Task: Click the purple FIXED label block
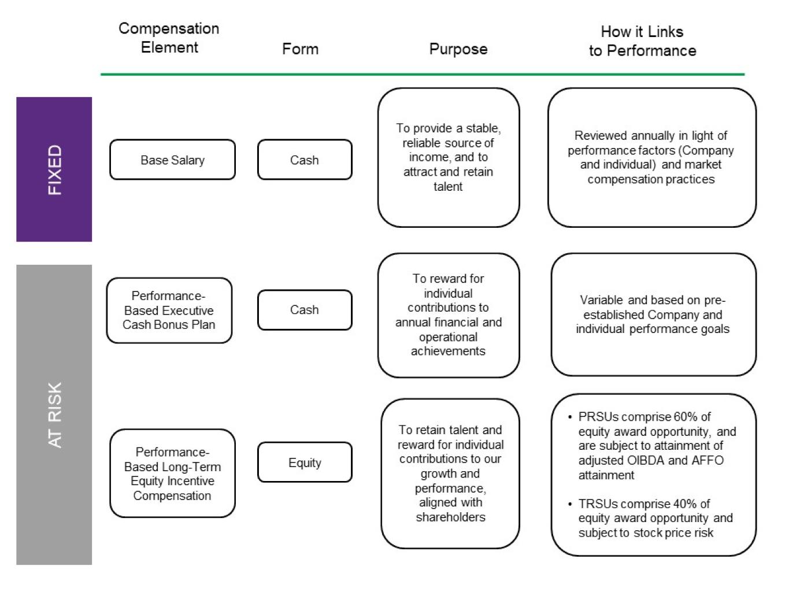coord(54,169)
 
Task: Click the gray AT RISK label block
coord(54,415)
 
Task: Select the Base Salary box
coord(172,160)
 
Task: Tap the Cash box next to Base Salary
coord(304,160)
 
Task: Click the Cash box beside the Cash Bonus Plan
coord(304,310)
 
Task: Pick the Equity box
coord(304,462)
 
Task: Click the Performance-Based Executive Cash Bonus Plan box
coord(169,310)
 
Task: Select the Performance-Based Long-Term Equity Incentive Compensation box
coord(172,473)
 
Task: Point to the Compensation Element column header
coord(169,38)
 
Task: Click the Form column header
coord(300,49)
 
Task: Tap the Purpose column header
coord(458,49)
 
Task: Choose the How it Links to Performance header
coord(642,41)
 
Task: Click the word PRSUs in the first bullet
coord(598,417)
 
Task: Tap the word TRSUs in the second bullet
coord(598,504)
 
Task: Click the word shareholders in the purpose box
coord(450,517)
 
